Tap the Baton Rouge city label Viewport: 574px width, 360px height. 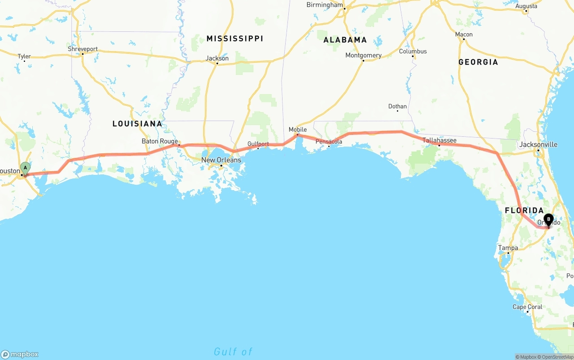pos(160,141)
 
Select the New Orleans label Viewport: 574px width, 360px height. pos(221,160)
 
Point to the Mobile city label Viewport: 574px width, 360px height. pos(298,130)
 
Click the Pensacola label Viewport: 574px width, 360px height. pos(329,142)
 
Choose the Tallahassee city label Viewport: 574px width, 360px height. pos(439,140)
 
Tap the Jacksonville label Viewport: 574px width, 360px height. pos(538,144)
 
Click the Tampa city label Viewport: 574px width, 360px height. pos(508,248)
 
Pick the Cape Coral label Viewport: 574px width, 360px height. pos(527,307)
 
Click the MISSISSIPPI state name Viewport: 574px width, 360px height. pos(235,39)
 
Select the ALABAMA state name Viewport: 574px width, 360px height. pos(345,40)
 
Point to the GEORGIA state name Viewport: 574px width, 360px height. pos(478,62)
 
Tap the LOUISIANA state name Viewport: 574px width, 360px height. pos(137,124)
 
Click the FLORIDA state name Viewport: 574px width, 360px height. pos(524,211)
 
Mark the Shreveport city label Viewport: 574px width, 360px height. pos(83,49)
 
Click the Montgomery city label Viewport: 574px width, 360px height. pos(363,56)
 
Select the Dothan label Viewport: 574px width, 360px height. pos(397,107)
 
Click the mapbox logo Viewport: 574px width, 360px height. pos(20,354)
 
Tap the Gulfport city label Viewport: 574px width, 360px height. pos(258,144)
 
